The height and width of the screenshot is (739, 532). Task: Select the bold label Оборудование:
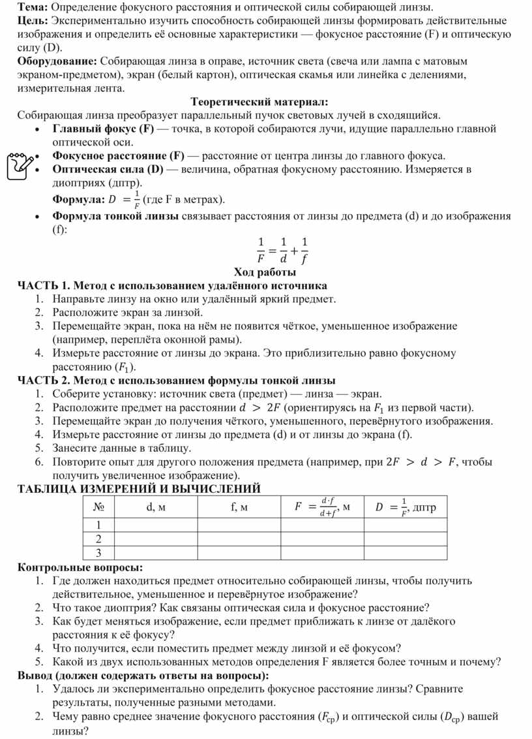click(x=57, y=61)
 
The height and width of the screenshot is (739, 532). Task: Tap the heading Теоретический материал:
click(x=259, y=102)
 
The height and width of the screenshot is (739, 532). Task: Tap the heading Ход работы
click(x=265, y=272)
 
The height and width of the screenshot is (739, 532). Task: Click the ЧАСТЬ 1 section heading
click(x=172, y=286)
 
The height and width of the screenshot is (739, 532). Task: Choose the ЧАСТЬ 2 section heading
click(x=176, y=380)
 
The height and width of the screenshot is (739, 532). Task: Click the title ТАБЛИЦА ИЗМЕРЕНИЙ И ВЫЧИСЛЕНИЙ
click(x=139, y=488)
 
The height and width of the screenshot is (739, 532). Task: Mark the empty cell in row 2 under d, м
click(x=156, y=539)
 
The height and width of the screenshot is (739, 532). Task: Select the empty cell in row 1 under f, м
click(x=239, y=525)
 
